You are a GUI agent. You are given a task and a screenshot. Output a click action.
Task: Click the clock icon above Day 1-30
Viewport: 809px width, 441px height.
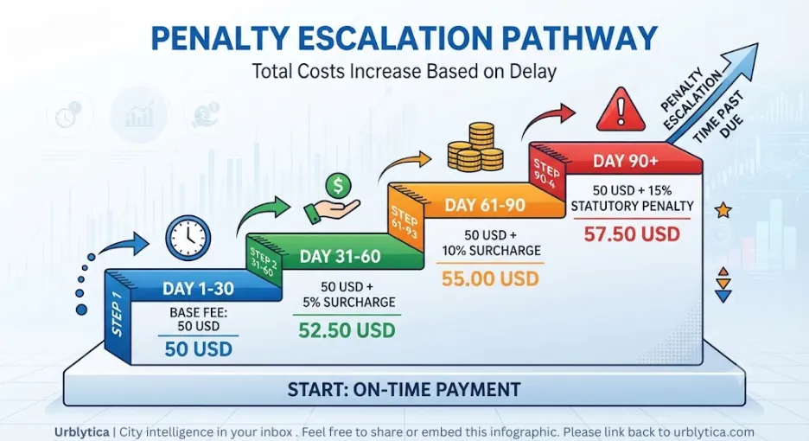coord(188,238)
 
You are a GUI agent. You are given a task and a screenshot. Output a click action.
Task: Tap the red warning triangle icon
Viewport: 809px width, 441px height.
coord(621,110)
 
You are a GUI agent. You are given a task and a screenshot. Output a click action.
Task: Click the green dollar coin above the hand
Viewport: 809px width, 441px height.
coord(338,185)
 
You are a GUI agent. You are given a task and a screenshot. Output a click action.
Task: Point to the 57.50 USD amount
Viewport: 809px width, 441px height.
coord(632,234)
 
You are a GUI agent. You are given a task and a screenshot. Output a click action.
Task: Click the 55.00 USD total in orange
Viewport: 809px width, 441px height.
coord(490,278)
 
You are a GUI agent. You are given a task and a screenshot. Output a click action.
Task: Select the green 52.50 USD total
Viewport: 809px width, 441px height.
coord(347,330)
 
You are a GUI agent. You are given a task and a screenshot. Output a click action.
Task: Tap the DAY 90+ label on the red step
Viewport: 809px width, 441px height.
coord(625,161)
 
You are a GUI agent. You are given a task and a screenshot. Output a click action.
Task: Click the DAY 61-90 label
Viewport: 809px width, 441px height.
coord(485,206)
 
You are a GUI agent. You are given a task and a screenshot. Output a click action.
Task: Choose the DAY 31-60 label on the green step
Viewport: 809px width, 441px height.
coord(340,257)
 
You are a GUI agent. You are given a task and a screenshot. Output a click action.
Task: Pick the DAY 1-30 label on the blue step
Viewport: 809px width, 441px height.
coord(198,289)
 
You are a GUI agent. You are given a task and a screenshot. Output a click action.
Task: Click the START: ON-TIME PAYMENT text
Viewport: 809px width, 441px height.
coord(404,389)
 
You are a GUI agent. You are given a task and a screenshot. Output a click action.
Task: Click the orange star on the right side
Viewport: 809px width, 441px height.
coord(723,210)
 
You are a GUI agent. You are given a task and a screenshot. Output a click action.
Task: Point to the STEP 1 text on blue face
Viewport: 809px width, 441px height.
coord(117,315)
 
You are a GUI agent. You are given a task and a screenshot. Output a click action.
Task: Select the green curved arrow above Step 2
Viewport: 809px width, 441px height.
coord(263,214)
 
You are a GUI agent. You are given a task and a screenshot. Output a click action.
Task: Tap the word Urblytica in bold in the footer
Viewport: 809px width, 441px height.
coord(81,431)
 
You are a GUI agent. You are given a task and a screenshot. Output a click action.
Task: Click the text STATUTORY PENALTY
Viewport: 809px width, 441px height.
coord(632,206)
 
